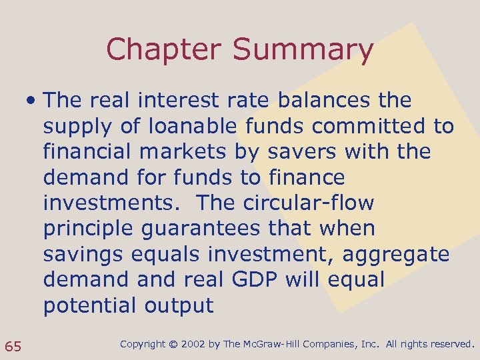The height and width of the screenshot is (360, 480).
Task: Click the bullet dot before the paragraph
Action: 31,101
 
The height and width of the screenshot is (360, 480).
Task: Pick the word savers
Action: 302,152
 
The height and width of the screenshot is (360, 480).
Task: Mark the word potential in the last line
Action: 89,306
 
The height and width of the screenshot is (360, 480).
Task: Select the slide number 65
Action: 13,345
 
